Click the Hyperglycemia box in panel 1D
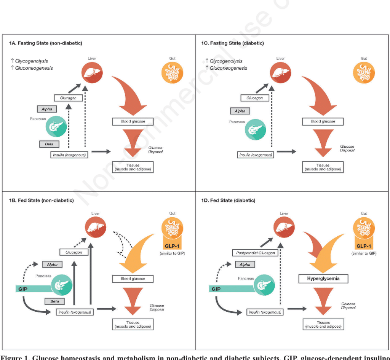click(x=323, y=279)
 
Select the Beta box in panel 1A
click(x=49, y=144)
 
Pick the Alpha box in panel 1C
click(x=240, y=111)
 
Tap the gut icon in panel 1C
click(x=364, y=73)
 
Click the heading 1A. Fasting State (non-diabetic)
click(x=46, y=43)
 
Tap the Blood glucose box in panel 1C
click(x=323, y=122)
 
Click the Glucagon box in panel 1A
click(x=68, y=98)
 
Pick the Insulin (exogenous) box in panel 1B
click(x=75, y=312)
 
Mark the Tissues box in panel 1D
click(x=323, y=324)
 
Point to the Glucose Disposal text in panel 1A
click(x=155, y=150)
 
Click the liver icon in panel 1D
click(x=284, y=228)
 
